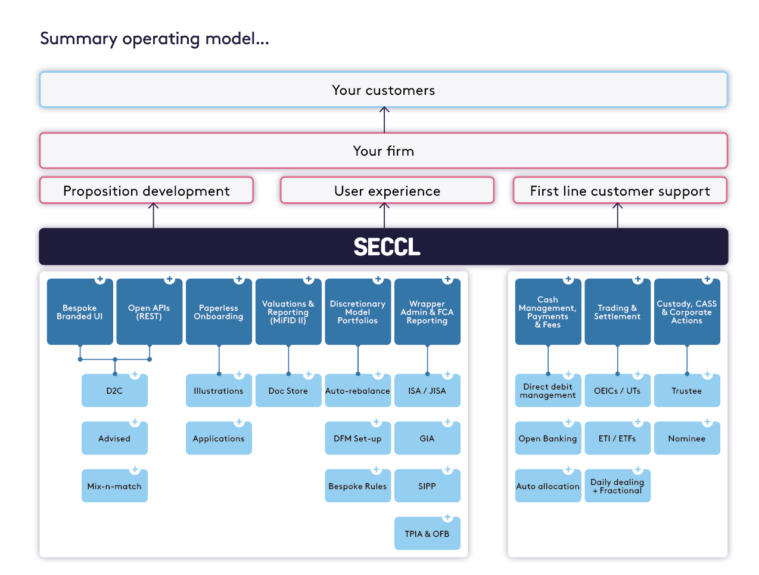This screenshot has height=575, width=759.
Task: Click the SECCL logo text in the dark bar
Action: tap(387, 247)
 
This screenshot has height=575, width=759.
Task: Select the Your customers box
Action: tap(383, 90)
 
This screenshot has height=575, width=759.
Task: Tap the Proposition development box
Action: tap(147, 191)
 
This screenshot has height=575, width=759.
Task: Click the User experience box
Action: tap(387, 191)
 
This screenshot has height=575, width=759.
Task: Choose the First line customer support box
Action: tap(620, 191)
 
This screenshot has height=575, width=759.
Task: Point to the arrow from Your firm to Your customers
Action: tap(384, 119)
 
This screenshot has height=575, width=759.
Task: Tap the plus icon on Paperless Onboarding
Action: tap(239, 279)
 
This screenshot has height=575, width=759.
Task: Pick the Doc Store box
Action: tap(288, 391)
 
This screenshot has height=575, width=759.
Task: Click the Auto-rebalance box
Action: tap(357, 391)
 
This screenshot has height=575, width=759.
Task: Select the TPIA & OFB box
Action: tap(427, 534)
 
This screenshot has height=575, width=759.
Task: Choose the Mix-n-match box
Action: tap(114, 486)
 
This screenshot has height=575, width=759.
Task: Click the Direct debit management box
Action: tap(548, 391)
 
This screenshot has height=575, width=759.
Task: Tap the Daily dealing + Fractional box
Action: tap(617, 486)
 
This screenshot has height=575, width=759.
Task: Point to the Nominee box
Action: tap(687, 438)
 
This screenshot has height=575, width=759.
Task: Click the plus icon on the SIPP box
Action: tap(447, 470)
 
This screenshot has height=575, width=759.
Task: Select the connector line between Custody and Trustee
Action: tap(687, 359)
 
